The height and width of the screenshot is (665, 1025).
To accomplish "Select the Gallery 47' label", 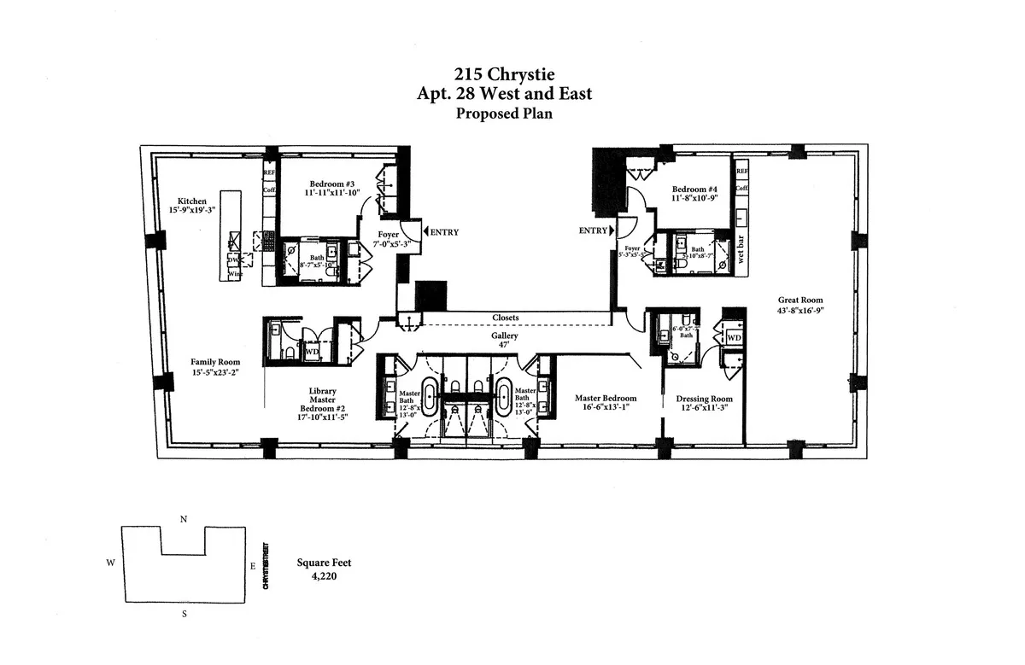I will pos(504,341).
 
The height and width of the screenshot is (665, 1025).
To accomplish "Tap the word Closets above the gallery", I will pos(506,318).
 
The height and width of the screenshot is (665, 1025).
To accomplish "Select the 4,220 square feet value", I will pos(324,576).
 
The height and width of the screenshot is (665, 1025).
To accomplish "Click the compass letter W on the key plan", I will pos(110,563).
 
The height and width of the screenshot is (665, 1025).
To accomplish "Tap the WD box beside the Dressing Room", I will pos(733,338).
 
